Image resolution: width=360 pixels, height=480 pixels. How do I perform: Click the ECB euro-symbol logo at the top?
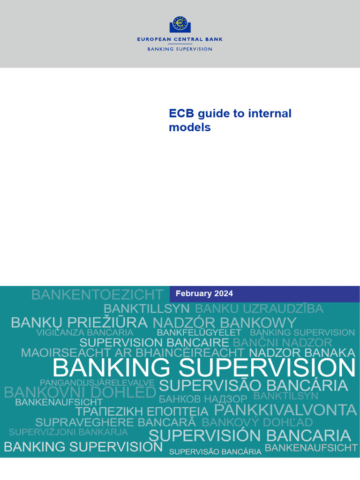180,24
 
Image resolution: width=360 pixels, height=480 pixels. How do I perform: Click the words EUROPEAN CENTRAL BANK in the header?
180,39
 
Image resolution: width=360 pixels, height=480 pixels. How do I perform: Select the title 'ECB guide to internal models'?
230,120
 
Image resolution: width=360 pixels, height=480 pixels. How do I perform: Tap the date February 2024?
204,294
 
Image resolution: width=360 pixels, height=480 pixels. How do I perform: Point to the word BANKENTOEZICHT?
97,295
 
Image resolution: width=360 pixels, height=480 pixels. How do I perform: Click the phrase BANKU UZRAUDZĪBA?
259,309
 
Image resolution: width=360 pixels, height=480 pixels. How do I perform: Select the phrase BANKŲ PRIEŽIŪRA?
79,323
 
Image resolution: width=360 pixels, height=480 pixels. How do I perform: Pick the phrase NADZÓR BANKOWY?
225,323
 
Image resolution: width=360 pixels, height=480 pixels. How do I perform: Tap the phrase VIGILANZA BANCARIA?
85,333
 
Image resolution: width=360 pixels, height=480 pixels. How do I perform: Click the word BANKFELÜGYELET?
199,333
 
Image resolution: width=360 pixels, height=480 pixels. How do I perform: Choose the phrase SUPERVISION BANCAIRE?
154,343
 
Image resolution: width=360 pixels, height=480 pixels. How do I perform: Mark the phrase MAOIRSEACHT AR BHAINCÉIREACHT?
133,353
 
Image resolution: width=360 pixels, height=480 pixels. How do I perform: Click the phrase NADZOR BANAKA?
302,353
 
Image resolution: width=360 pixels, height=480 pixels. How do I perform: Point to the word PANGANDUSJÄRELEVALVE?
97,383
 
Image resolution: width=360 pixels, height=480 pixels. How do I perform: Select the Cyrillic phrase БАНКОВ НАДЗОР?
202,399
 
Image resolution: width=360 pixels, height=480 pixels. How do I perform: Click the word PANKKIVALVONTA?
285,410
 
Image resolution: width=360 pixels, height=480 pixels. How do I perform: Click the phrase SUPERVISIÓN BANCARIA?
249,435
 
